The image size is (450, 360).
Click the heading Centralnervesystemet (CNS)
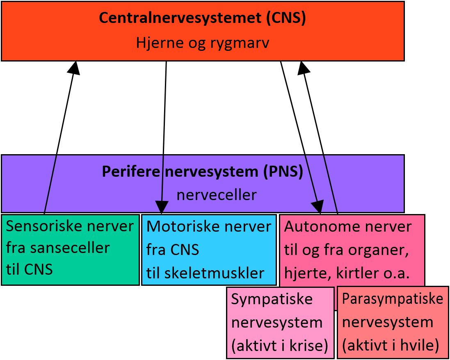[x=202, y=18]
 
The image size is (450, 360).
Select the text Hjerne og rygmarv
[x=202, y=43]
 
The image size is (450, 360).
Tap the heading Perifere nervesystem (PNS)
[x=202, y=172]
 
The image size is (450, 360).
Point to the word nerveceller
[x=216, y=195]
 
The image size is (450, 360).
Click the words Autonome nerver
[x=347, y=226]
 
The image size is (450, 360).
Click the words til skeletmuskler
[x=205, y=273]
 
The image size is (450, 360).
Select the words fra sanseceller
[x=58, y=248]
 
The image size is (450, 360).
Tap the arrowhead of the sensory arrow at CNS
[x=75, y=67]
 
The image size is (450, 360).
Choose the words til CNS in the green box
[x=29, y=270]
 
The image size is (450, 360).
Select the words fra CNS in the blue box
[x=172, y=249]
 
